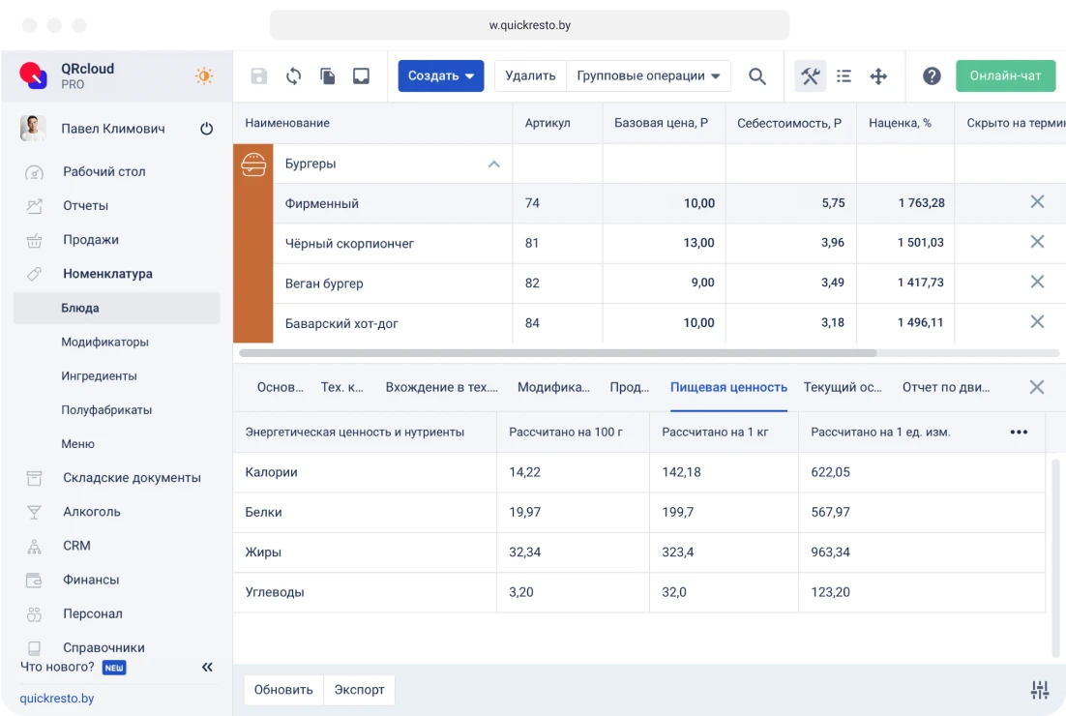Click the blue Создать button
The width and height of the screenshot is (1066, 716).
[x=440, y=75]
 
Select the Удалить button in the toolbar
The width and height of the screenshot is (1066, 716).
[x=530, y=75]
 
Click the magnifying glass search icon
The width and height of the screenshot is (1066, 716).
[x=757, y=76]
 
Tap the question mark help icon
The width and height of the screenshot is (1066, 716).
[x=932, y=76]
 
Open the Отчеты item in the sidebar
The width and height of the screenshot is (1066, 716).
[x=85, y=205]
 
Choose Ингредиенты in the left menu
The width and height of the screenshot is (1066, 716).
[x=99, y=375]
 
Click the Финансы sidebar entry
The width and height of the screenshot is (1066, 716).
[x=91, y=580]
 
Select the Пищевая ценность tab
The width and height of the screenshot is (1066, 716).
[x=728, y=387]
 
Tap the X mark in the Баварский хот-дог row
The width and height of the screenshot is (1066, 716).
[x=1037, y=321]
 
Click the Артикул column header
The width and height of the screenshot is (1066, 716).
[x=548, y=123]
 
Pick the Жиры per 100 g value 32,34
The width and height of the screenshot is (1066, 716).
[x=525, y=552]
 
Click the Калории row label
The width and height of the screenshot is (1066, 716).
[x=271, y=472]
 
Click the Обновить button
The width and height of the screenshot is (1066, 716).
[x=283, y=690]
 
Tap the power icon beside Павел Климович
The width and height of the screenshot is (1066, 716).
[x=206, y=129]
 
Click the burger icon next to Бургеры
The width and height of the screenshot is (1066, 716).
[x=253, y=164]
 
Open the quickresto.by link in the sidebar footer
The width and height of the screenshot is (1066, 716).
[x=57, y=698]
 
